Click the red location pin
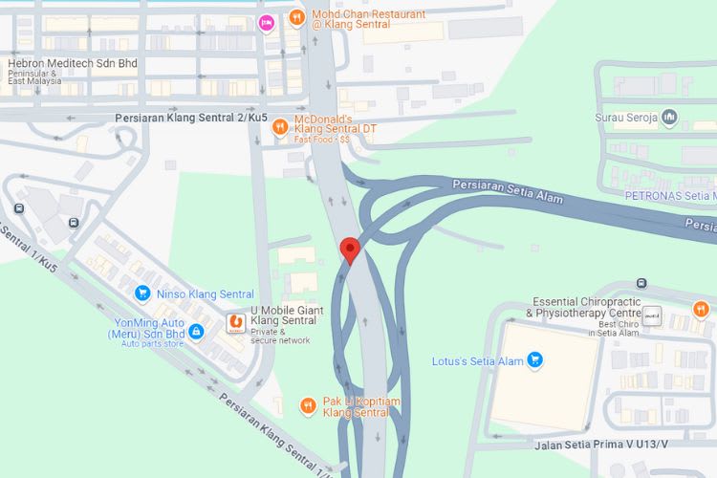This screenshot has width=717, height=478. point(350,250)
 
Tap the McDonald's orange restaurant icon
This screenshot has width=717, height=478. point(280,125)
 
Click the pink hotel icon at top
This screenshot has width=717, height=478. point(268,22)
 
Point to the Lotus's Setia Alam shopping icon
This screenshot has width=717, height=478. point(535,360)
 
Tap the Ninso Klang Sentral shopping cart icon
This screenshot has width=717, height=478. point(142,293)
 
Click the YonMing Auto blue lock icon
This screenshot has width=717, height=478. point(196,331)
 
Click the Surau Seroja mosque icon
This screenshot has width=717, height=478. point(669,118)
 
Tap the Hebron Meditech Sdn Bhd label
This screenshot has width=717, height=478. point(73,64)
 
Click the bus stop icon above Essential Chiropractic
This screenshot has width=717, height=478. point(641,283)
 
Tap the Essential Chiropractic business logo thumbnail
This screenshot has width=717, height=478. point(654,315)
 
